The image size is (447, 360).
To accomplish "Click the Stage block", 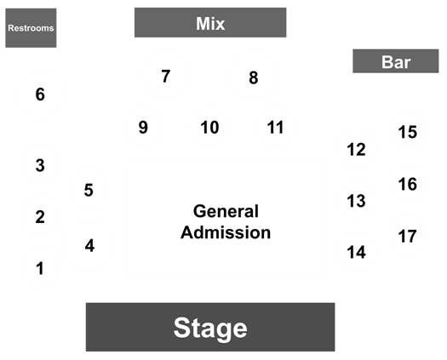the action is (210, 327).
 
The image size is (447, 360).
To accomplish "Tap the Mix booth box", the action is (210, 22).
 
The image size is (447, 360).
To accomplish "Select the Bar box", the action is (396, 61).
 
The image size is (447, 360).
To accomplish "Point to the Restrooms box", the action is (31, 28).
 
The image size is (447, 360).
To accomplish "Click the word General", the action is (226, 211).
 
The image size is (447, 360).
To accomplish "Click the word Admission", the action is (226, 232).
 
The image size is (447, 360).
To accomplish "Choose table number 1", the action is (40, 268).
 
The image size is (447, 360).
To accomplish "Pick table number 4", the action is (89, 245).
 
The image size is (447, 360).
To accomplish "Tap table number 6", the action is (40, 94).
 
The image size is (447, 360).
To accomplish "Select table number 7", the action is (166, 76).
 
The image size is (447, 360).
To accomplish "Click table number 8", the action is (254, 77).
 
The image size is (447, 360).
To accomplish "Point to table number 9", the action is (143, 127).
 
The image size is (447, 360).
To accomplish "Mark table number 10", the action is (209, 127).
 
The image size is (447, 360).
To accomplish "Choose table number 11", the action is (275, 127).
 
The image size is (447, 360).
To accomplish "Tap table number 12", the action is (356, 149).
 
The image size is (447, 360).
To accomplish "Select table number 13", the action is (356, 201).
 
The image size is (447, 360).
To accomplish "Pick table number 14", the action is (356, 252).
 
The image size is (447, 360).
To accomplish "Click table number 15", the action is (407, 132).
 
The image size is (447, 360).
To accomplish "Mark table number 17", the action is (407, 236).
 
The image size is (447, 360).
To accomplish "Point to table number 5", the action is (89, 190).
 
